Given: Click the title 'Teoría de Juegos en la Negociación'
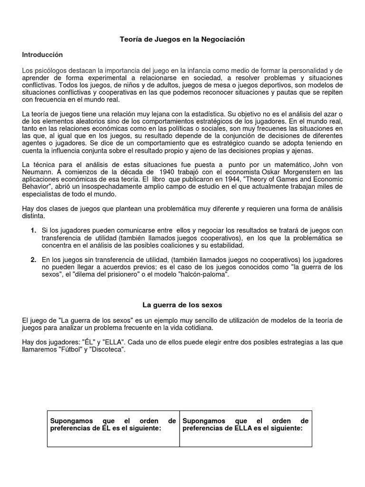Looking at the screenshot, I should pos(182,39).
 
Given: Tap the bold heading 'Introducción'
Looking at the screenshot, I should pos(42,55).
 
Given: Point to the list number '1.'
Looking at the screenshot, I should pos(34,231).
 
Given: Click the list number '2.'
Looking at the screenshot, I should pos(34,260).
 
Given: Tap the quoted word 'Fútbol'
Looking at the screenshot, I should pos(68,350).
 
